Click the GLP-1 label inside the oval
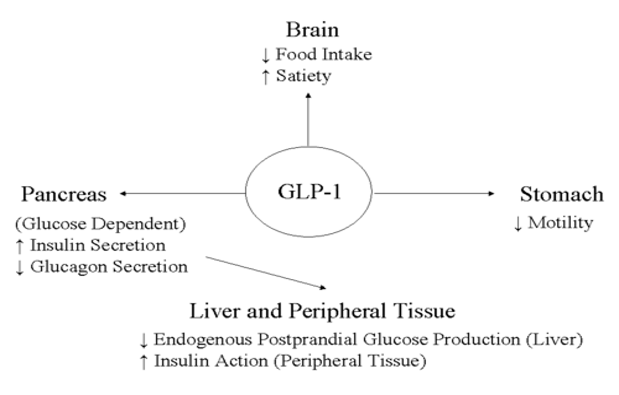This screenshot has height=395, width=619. coord(309,192)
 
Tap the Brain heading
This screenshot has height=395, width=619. coord(312,30)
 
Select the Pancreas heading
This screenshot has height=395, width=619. coord(64,195)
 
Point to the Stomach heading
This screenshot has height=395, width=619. coord(561,194)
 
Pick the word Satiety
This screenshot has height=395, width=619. coord(303,76)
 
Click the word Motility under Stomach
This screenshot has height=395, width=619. coord(560,223)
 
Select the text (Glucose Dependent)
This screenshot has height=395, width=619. coord(100,224)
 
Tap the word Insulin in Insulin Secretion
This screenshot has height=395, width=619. coord(50,245)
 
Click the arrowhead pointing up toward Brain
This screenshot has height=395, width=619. coord(308,95)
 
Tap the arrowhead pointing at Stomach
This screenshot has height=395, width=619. coord(492,193)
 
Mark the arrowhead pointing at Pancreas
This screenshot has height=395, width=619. coord(123,193)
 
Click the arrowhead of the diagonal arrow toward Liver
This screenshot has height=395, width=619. coord(323,288)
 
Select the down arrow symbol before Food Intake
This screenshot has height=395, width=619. coord(265,55)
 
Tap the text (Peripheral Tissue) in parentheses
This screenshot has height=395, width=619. coord(349,361)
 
